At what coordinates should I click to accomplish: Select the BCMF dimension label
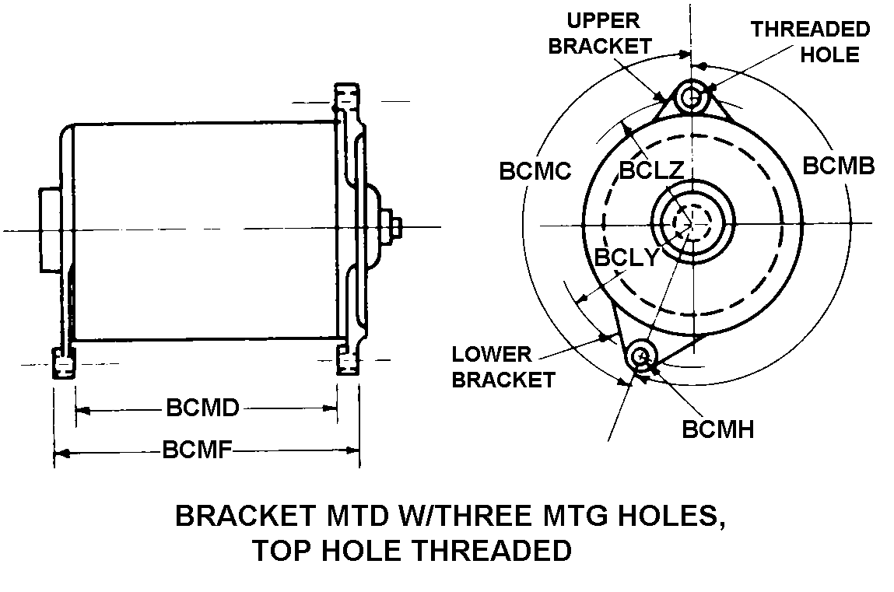pyautogui.click(x=198, y=450)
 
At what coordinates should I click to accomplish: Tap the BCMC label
pyautogui.click(x=536, y=170)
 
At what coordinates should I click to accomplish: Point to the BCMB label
pyautogui.click(x=839, y=166)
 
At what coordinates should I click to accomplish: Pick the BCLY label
pyautogui.click(x=626, y=257)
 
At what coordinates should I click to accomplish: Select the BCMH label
pyautogui.click(x=717, y=429)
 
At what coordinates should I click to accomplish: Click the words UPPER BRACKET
pyautogui.click(x=600, y=33)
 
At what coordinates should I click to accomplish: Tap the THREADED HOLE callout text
pyautogui.click(x=810, y=42)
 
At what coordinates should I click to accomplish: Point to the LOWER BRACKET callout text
pyautogui.click(x=503, y=367)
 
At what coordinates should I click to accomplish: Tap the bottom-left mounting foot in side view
pyautogui.click(x=63, y=363)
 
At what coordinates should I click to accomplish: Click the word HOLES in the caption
pyautogui.click(x=674, y=516)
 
